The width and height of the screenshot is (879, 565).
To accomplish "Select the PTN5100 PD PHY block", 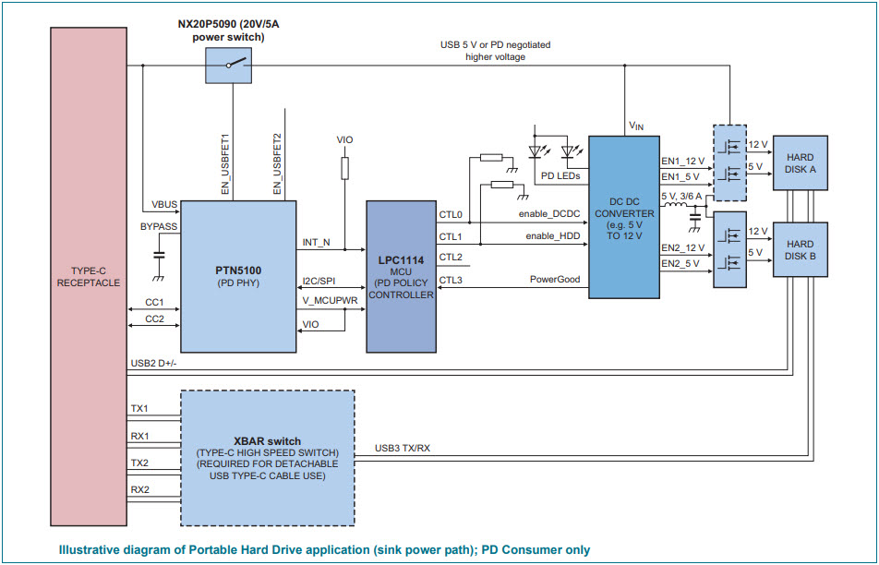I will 238,277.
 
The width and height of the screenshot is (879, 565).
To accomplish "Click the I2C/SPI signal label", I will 319,281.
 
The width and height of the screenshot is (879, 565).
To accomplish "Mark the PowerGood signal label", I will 555,279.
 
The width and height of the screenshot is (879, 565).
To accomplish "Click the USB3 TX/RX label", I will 403,449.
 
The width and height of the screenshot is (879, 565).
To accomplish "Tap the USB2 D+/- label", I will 154,364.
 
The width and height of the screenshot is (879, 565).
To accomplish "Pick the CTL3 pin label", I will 451,279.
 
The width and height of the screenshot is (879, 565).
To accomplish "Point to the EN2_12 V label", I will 682,247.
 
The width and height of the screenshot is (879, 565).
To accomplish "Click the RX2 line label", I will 139,489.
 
